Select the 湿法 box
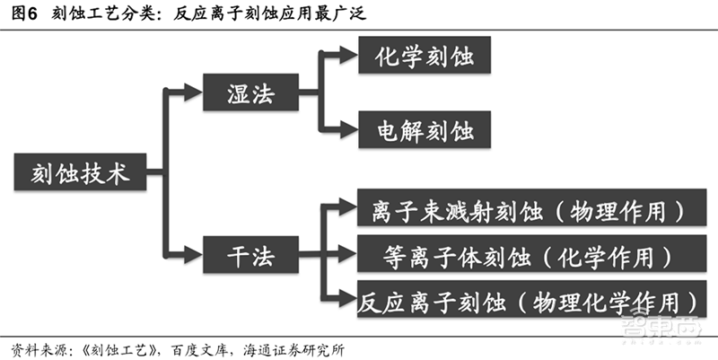(250, 92)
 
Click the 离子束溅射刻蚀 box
(528, 212)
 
